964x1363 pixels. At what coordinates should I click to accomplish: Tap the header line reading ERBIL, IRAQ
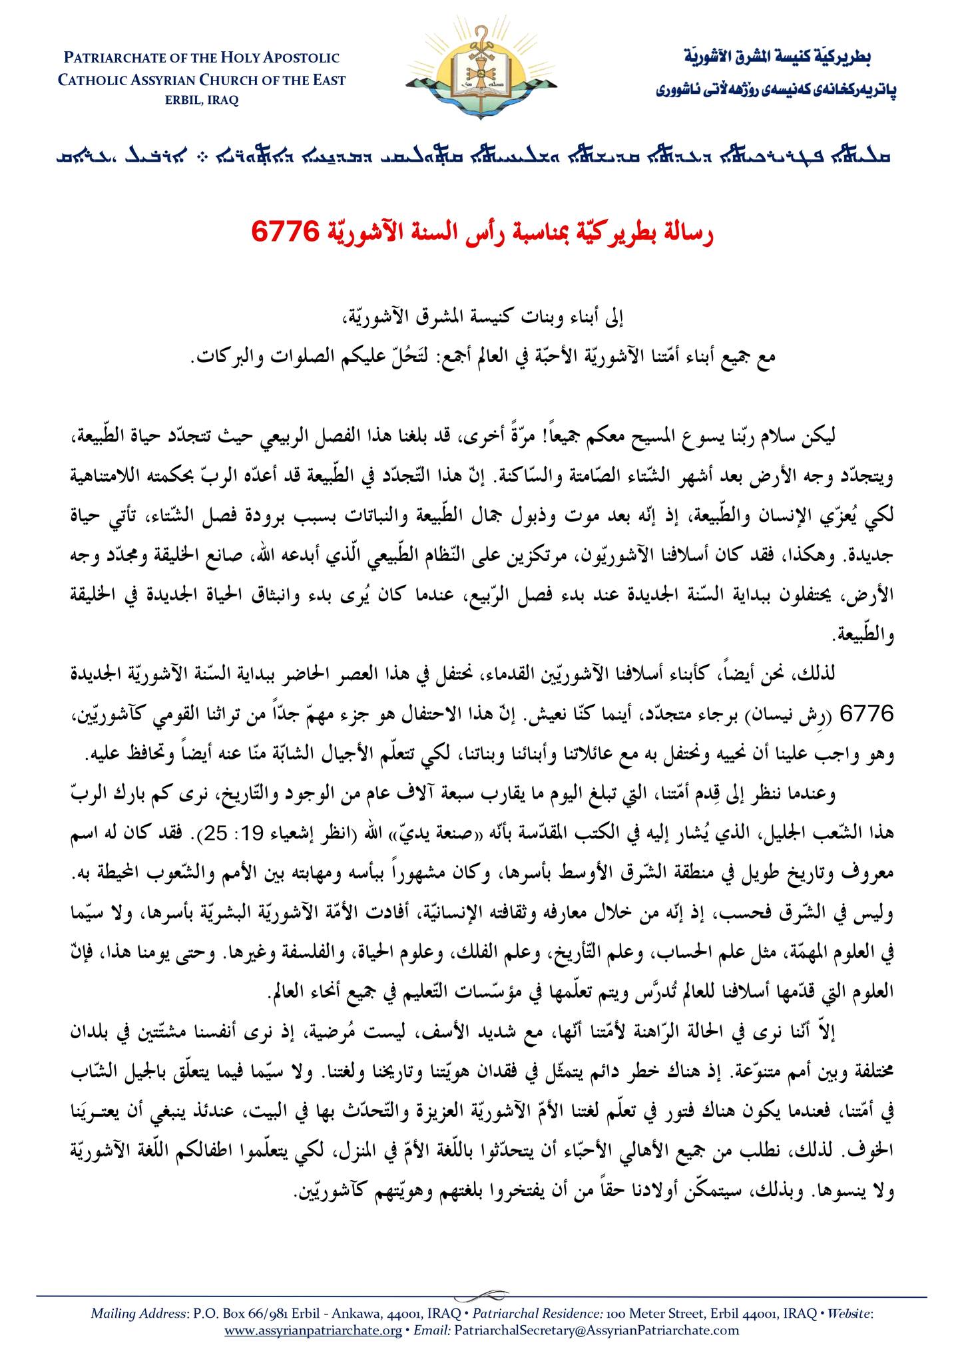coord(201,100)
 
